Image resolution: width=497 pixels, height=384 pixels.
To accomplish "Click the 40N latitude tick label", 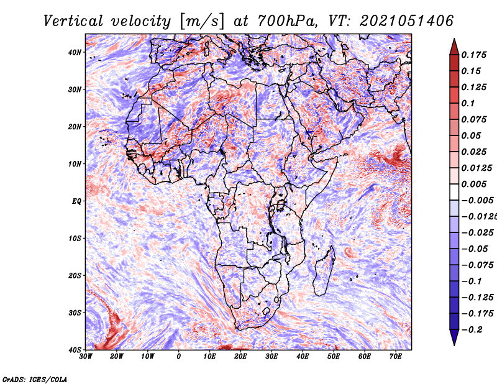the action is [x=75, y=52].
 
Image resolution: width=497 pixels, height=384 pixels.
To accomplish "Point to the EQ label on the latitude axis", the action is [x=76, y=201].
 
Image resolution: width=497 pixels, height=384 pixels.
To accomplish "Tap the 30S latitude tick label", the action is [x=75, y=313].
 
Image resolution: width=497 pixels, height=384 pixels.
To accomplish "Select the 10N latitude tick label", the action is [x=75, y=164].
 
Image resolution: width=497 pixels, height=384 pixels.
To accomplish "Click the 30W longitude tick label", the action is [x=86, y=356].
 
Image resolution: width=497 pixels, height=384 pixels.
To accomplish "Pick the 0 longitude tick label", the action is [x=179, y=356].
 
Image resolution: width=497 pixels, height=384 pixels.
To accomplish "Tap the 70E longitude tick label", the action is [x=395, y=356].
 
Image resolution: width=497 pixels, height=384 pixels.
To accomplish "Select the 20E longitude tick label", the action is [x=240, y=356].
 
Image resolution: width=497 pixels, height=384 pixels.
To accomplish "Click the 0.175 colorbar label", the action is [x=473, y=55].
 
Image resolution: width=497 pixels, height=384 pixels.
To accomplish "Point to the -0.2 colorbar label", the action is [x=472, y=330].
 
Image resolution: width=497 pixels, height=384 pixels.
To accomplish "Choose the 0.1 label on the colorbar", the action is [x=468, y=103].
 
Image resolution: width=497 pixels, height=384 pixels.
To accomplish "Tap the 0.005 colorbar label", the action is [x=473, y=184].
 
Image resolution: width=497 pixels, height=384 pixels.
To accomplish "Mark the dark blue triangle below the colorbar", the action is [x=454, y=337].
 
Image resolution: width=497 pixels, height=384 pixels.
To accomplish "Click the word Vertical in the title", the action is [x=73, y=21].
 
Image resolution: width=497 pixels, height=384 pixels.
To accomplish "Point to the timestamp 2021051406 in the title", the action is [x=406, y=21].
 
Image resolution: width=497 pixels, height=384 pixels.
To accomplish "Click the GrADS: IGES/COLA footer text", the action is [x=35, y=379].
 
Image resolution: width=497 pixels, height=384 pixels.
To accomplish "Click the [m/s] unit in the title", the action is [x=202, y=21].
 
